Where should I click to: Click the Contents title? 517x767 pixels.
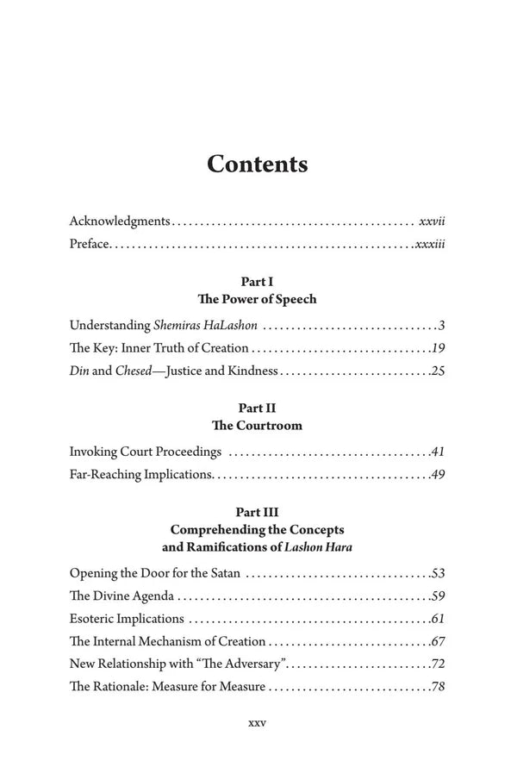(x=258, y=164)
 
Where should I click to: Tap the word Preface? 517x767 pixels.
(x=89, y=245)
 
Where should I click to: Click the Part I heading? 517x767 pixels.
(x=258, y=281)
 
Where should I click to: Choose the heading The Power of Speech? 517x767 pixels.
(x=258, y=300)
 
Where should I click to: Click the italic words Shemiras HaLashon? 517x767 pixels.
(x=206, y=326)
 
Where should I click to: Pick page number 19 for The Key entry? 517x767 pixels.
(x=438, y=349)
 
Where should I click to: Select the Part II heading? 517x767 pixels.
(x=258, y=408)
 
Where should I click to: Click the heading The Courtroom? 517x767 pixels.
(x=258, y=427)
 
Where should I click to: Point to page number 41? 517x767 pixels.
(x=438, y=452)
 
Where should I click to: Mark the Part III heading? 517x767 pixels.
(x=258, y=511)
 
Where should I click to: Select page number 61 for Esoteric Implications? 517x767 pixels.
(x=438, y=619)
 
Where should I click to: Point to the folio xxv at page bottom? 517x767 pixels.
(x=258, y=723)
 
